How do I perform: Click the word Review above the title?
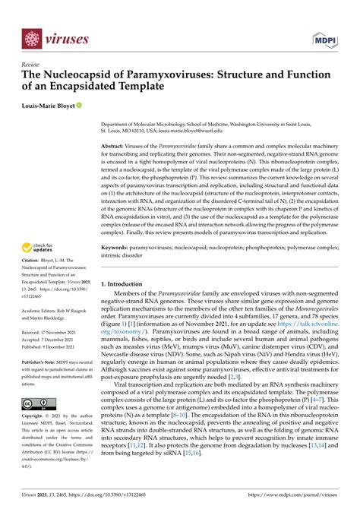click(x=31, y=66)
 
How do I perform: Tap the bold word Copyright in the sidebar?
click(x=35, y=417)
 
